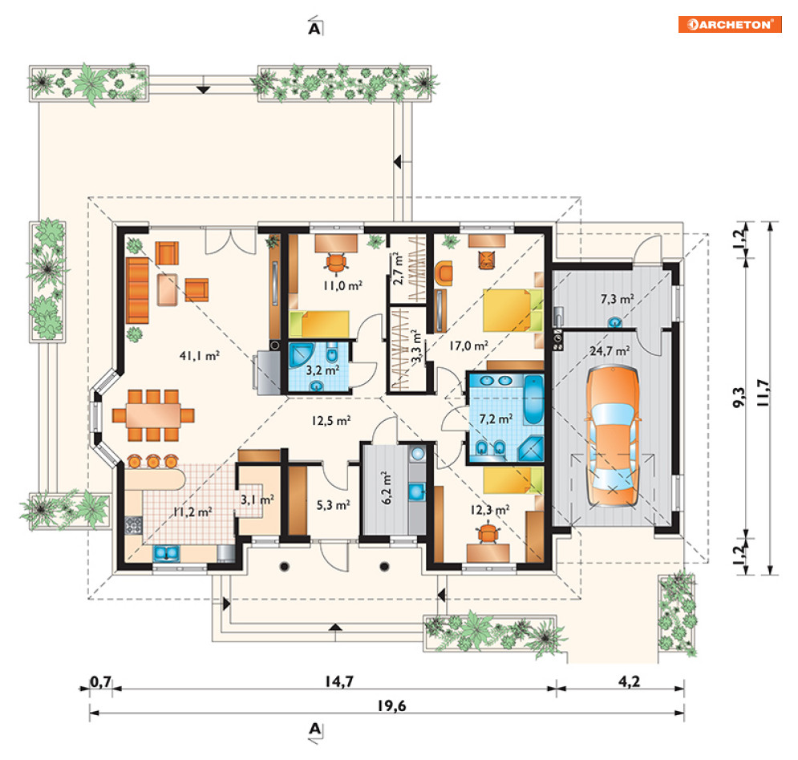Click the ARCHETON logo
pos(730,24)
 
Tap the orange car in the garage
pos(612,436)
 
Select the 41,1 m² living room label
pos(200,356)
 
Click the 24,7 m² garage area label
pos(610,351)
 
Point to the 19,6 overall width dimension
pos(391,705)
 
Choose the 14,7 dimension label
pos(339,681)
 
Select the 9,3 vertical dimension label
pos(739,398)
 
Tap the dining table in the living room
pos(153,415)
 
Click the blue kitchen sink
pos(167,553)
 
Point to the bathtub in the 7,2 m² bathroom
pos(533,399)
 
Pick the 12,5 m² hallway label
pos(330,421)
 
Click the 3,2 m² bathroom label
pos(322,370)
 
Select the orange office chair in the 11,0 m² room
pos(336,262)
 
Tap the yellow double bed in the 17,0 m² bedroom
pos(512,309)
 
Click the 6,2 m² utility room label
pos(387,487)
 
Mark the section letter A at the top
pos(315,28)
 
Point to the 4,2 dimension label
pos(629,681)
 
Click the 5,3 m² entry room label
pos(333,505)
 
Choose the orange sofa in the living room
pos(137,290)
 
